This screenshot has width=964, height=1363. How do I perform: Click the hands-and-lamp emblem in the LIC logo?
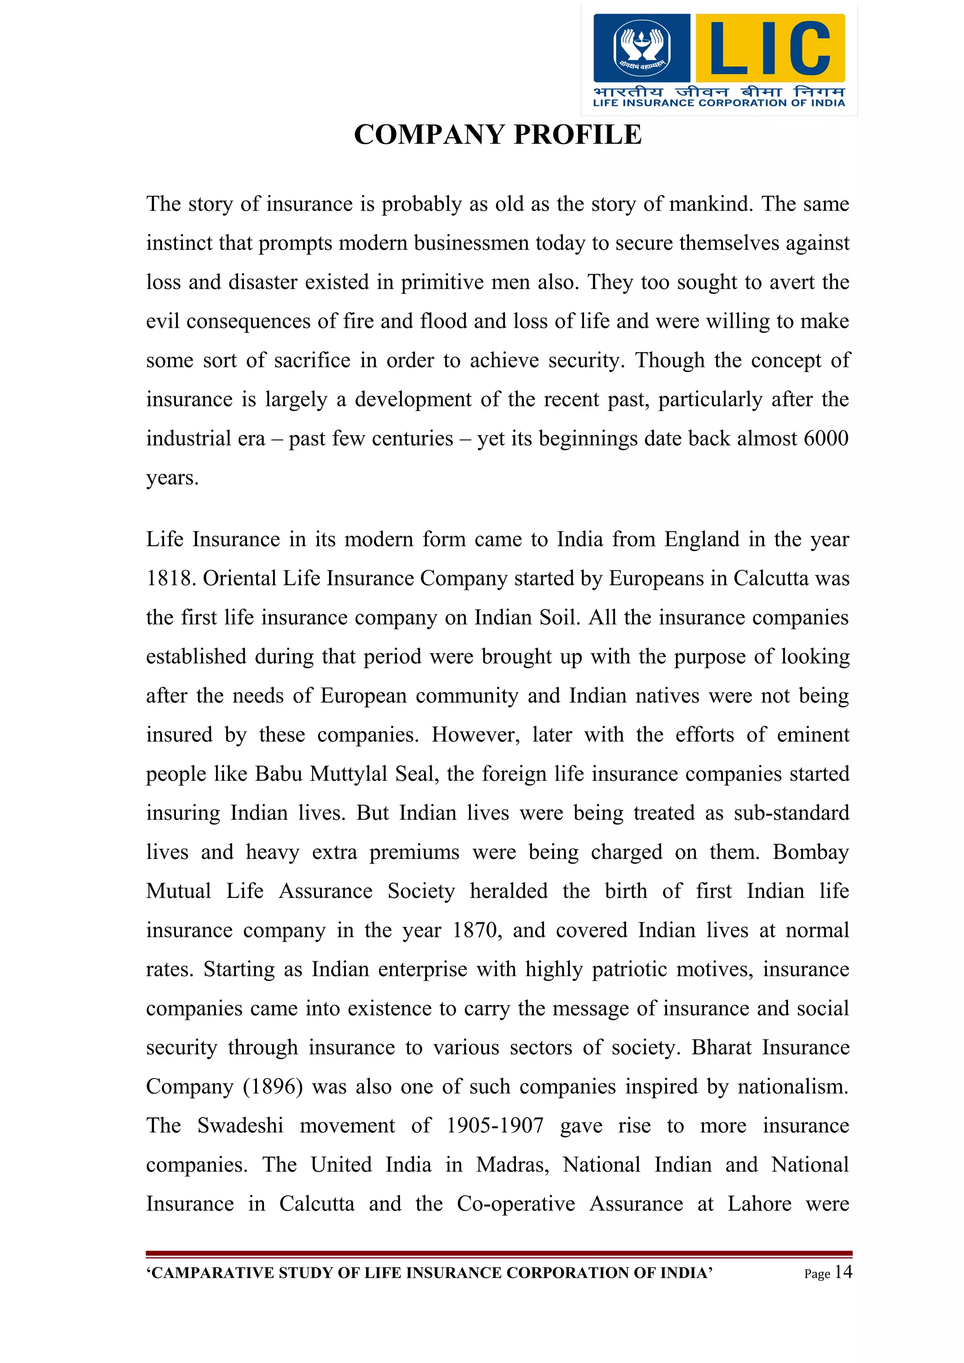641,47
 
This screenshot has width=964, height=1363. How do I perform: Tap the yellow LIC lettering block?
770,48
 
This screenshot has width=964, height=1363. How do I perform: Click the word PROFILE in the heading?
578,135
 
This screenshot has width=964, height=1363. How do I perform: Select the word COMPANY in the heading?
429,135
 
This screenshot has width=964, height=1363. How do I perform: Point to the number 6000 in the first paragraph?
825,438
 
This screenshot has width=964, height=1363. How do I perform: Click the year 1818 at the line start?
170,578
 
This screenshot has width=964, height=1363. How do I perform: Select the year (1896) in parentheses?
273,1086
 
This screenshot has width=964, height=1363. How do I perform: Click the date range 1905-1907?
495,1125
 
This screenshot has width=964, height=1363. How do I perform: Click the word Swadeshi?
240,1125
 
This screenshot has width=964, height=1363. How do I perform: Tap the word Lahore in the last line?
759,1204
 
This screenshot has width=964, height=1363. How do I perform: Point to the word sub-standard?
791,813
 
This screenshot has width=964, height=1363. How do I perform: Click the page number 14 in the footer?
843,1272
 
